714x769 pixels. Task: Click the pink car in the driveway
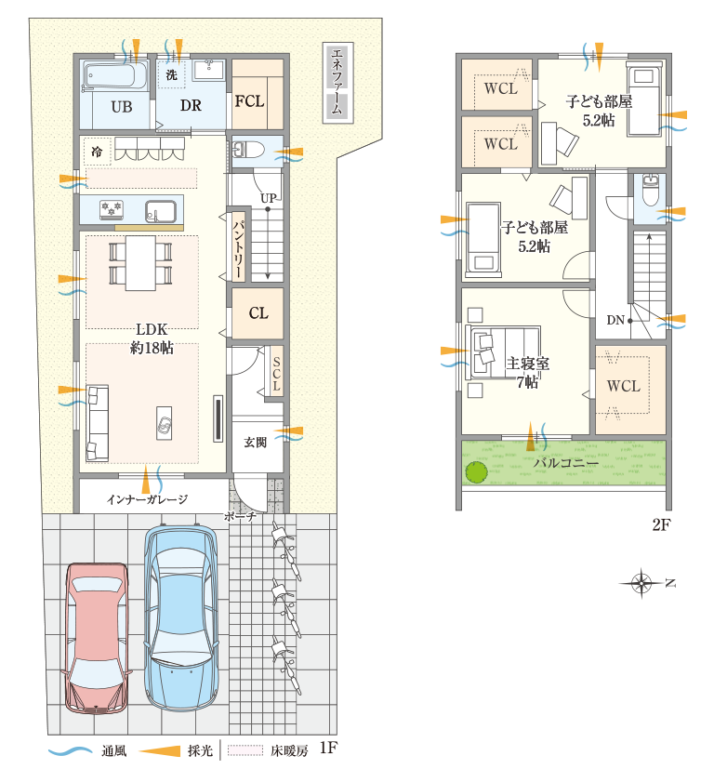click(x=96, y=638)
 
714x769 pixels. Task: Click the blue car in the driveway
click(x=181, y=618)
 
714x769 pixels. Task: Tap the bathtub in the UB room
click(x=114, y=75)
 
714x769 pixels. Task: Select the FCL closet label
click(x=249, y=101)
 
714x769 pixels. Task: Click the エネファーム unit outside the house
click(x=337, y=83)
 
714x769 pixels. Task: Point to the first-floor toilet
click(x=248, y=149)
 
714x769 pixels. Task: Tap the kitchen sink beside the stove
click(x=160, y=211)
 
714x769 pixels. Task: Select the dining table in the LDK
click(x=140, y=263)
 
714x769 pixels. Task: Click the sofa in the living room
click(x=98, y=423)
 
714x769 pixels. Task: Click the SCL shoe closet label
click(x=276, y=374)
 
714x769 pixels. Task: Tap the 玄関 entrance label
click(x=256, y=443)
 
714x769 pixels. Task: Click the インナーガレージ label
click(x=147, y=499)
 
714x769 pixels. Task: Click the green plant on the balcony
click(x=476, y=472)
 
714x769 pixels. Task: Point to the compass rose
click(x=641, y=583)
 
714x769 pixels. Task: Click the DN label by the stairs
click(x=615, y=320)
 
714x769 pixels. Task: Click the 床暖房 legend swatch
click(x=245, y=750)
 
